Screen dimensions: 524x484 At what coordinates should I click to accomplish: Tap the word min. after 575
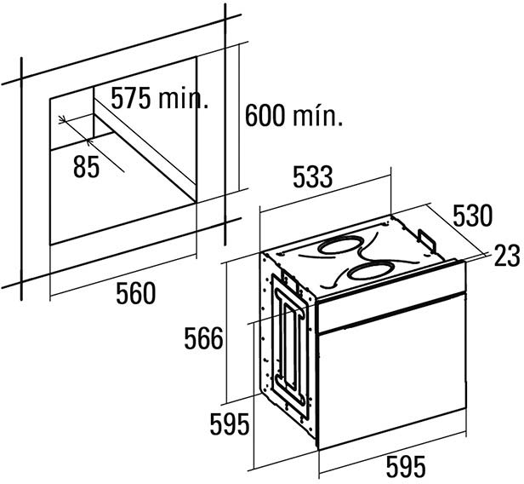pos(183,98)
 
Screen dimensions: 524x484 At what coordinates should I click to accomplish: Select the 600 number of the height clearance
pos(265,116)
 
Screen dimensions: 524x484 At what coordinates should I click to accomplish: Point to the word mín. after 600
pos(318,115)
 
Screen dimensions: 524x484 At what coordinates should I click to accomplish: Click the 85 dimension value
pos(87,166)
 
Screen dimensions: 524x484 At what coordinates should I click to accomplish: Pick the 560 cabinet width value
pos(136,293)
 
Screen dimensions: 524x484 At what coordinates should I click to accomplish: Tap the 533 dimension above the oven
pos(313,176)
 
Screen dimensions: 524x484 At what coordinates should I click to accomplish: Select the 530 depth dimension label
pos(473,216)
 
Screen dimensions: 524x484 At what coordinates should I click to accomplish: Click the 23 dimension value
pos(507,256)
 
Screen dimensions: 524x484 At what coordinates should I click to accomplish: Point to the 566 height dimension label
pos(203,338)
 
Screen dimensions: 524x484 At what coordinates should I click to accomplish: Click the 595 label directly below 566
pos(230,423)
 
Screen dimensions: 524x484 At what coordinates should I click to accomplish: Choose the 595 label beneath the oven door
pos(406,466)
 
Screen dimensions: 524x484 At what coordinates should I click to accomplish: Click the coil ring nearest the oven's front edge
pos(370,272)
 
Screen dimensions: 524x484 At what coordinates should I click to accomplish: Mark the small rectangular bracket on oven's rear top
pos(427,239)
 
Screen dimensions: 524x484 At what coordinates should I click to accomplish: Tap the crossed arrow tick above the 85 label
pos(62,119)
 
